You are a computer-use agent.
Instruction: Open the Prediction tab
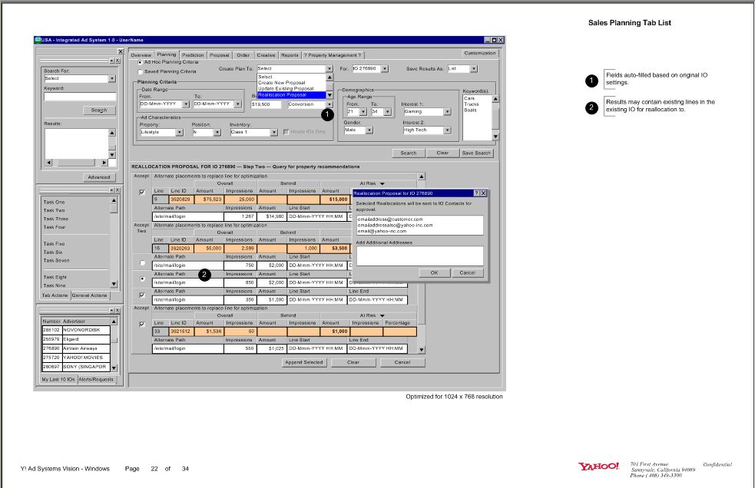[193, 55]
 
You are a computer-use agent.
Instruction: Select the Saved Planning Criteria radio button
[140, 71]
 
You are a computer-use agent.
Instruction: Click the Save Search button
[476, 153]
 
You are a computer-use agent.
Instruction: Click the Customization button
[480, 54]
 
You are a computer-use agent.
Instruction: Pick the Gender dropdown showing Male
[358, 130]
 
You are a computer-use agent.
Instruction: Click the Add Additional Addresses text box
[419, 256]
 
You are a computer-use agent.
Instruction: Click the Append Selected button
[303, 362]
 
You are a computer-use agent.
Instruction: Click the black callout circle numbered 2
[204, 275]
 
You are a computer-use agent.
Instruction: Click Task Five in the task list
[55, 244]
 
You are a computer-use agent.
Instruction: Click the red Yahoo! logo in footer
[598, 467]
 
